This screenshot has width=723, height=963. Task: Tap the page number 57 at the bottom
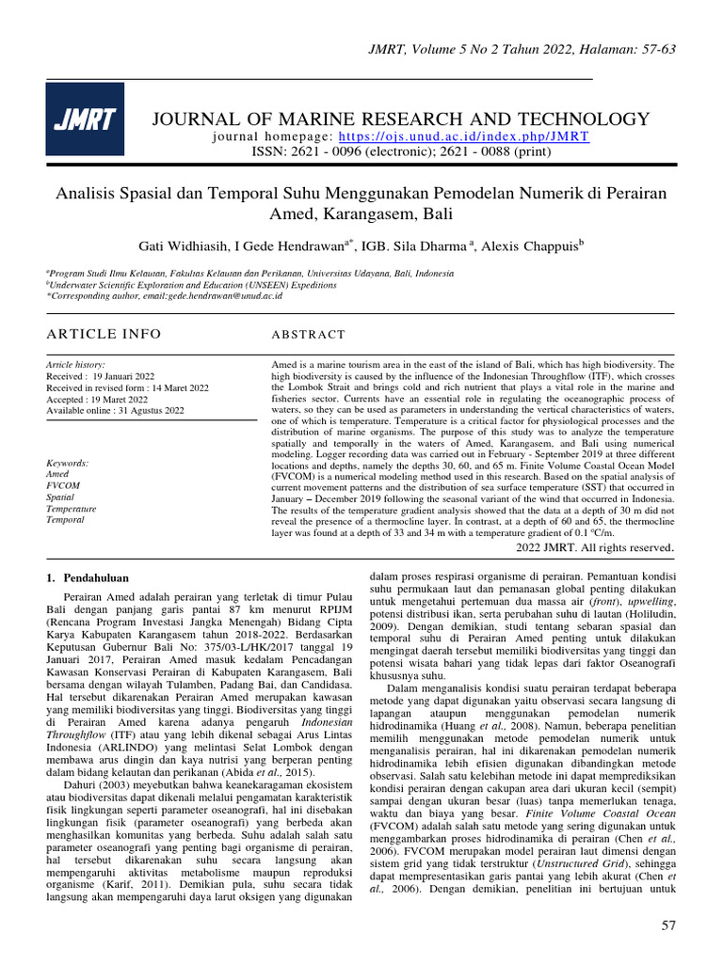tap(668, 926)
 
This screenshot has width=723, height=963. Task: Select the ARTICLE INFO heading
tap(104, 334)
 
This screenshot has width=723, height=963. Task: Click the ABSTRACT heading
tap(309, 335)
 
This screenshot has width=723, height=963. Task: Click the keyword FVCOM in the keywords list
tap(63, 485)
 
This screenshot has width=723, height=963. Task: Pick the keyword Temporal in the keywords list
tap(66, 519)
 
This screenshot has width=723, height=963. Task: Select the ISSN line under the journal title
tap(400, 150)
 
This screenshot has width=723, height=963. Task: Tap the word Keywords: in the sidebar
tap(68, 463)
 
